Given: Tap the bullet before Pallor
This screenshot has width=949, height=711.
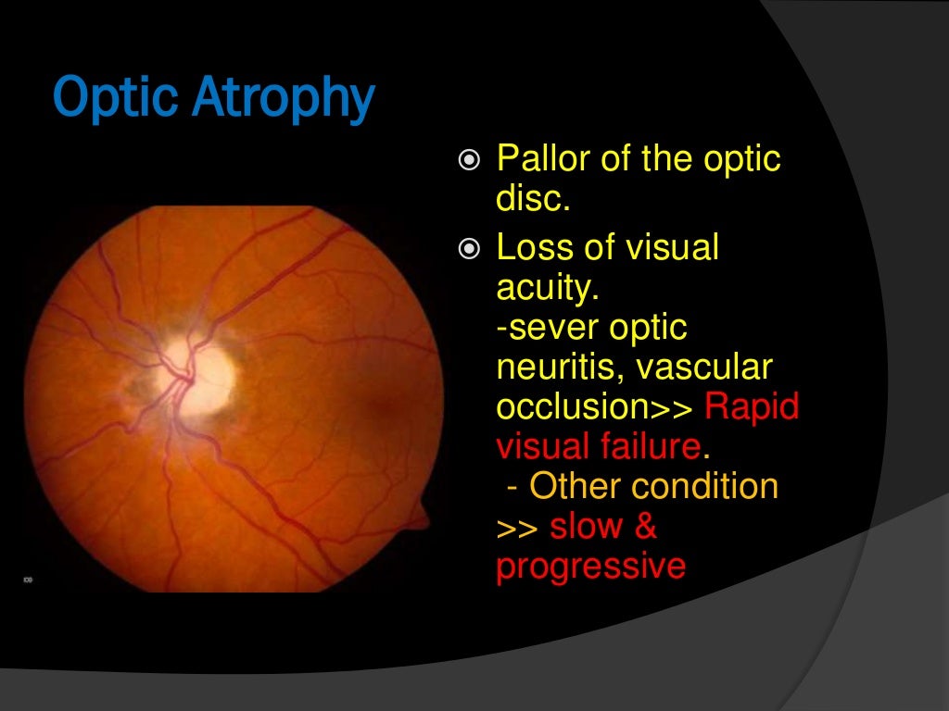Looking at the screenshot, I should (x=470, y=161).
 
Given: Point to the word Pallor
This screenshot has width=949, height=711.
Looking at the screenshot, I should (x=543, y=159).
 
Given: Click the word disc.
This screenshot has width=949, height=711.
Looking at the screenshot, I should (x=533, y=199).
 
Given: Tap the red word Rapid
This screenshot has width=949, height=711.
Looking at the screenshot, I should (x=753, y=407).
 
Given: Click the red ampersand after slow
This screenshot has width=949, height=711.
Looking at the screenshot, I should (x=646, y=527).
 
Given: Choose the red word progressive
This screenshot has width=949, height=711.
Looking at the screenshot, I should (x=590, y=567).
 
